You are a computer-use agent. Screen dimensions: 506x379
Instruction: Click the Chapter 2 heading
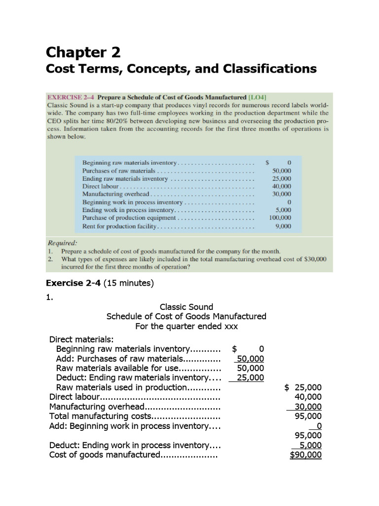click(83, 52)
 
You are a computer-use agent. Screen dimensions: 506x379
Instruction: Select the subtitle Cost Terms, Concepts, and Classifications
click(181, 69)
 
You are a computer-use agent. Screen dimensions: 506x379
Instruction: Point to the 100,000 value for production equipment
click(280, 217)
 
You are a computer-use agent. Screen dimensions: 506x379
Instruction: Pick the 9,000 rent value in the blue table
click(283, 226)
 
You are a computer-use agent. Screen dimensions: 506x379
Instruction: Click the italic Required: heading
click(62, 243)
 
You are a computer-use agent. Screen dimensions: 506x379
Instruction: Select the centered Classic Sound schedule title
click(187, 307)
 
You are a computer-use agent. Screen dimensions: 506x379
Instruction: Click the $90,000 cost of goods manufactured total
click(306, 455)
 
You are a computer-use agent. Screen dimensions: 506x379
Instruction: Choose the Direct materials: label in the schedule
click(81, 339)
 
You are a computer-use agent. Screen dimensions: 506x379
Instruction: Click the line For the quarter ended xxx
click(187, 326)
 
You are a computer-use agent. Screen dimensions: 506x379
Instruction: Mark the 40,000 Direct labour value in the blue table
click(282, 186)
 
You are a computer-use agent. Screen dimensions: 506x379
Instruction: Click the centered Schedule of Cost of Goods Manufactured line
click(187, 316)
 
